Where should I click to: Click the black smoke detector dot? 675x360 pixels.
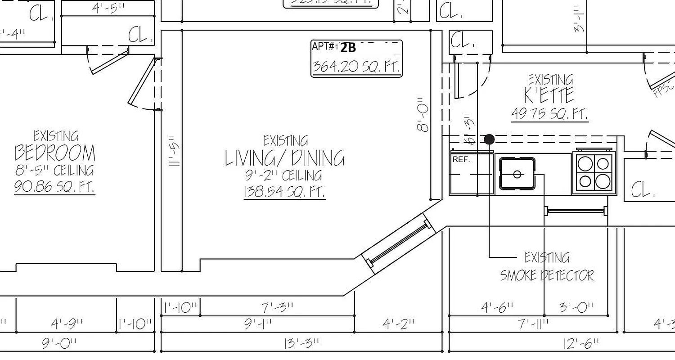coord(489,139)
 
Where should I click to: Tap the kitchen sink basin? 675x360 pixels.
coord(517,174)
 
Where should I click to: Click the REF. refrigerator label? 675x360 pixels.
coord(461,159)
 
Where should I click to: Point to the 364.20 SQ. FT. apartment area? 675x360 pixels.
coord(356,67)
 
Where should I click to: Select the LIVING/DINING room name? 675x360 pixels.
coord(285,158)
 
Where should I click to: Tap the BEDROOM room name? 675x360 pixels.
coord(55,153)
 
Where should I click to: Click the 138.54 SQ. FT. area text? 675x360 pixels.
coord(284,192)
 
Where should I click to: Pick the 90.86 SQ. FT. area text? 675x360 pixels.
coord(54,186)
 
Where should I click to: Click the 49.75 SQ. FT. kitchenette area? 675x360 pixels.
coord(549,114)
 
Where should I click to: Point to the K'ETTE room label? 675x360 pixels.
coord(549,95)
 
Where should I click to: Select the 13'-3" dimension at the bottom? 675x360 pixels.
coord(301,343)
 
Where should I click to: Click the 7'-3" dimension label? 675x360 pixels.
coord(278,308)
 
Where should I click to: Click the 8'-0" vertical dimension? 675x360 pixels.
coord(423,115)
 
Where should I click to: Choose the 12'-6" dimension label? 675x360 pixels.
coord(581,344)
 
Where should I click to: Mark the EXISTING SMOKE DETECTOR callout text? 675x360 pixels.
coord(547,266)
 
